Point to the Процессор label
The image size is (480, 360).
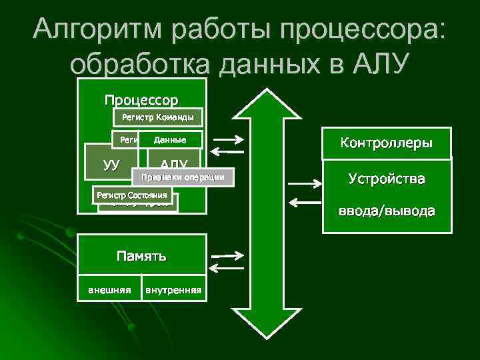pyautogui.click(x=141, y=101)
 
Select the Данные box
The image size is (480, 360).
pyautogui.click(x=169, y=139)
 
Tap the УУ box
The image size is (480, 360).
pyautogui.click(x=111, y=163)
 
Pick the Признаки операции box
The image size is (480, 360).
pyautogui.click(x=184, y=176)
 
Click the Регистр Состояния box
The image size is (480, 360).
pyautogui.click(x=131, y=195)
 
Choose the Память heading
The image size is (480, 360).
pyautogui.click(x=141, y=255)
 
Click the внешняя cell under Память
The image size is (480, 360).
pyautogui.click(x=109, y=290)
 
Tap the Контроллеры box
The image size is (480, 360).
pyautogui.click(x=386, y=143)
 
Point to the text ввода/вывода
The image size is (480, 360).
pyautogui.click(x=386, y=211)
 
